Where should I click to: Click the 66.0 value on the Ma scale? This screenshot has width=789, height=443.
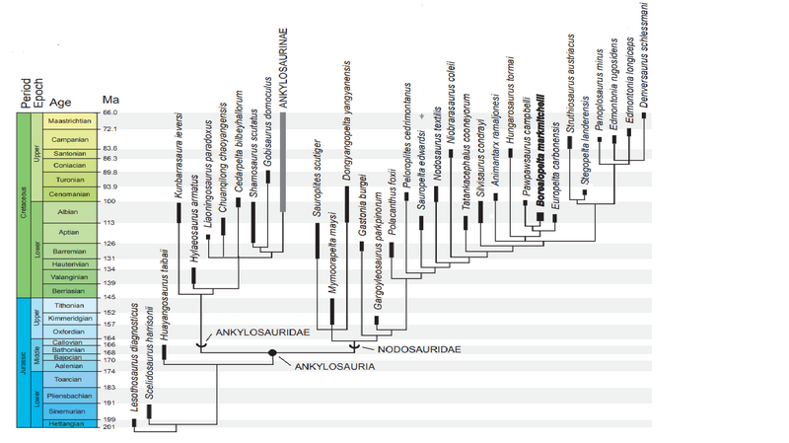(109, 114)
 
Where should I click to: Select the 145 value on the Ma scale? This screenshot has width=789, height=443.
(109, 297)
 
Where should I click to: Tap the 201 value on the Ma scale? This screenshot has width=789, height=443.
(109, 427)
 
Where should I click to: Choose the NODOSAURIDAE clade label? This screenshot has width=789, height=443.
(406, 349)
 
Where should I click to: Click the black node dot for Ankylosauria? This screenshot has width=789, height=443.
(271, 353)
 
